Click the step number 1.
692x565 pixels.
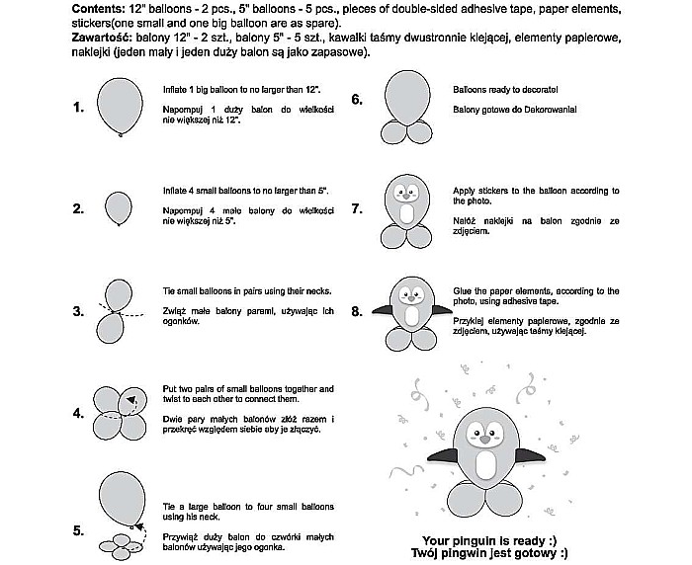click(x=78, y=109)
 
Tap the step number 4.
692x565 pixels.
click(x=78, y=413)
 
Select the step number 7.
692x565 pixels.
click(x=357, y=209)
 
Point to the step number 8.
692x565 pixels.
click(x=357, y=311)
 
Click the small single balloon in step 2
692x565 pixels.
click(x=119, y=206)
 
